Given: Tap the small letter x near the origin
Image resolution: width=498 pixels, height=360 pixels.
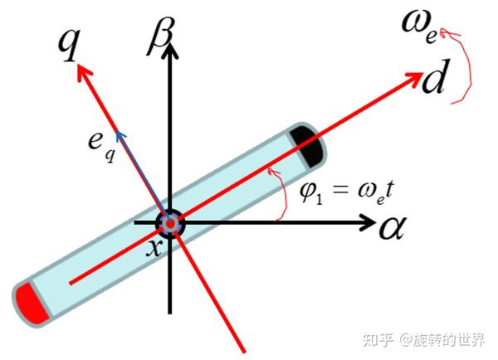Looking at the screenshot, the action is [x=153, y=246].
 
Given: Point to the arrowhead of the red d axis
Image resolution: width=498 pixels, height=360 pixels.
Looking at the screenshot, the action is [x=415, y=77].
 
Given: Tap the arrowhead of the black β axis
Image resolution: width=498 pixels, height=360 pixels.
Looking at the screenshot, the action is [x=171, y=50].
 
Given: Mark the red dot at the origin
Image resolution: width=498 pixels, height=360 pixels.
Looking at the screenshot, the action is [x=170, y=223].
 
